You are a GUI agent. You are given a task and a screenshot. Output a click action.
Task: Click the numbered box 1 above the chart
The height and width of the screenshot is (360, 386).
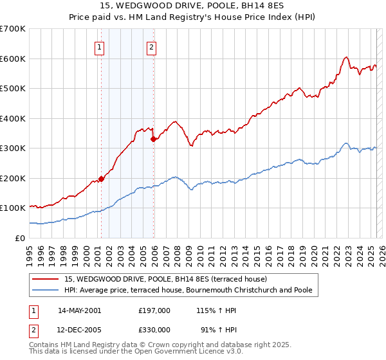pyautogui.click(x=100, y=46)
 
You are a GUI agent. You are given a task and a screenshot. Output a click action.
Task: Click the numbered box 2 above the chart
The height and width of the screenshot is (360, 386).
pyautogui.click(x=151, y=46)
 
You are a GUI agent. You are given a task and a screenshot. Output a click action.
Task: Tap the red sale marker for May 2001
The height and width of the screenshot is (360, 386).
pyautogui.click(x=101, y=179)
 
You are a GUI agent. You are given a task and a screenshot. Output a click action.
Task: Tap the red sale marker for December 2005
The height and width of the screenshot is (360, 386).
pyautogui.click(x=153, y=139)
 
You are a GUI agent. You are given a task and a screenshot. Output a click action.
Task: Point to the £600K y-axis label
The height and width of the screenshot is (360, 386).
pyautogui.click(x=13, y=59)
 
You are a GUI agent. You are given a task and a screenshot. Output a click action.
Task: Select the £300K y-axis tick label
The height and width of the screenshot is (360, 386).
pyautogui.click(x=13, y=148)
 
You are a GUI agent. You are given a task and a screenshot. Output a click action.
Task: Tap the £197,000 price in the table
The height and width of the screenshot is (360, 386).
pyautogui.click(x=154, y=310)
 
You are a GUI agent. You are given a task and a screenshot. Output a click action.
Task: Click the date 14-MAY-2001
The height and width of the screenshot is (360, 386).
pyautogui.click(x=80, y=310)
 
